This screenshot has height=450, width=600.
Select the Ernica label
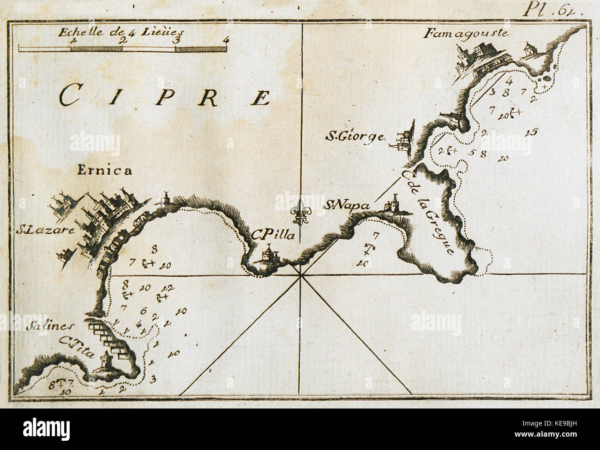(x=104, y=171)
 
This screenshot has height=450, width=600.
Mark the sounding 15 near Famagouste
(x=532, y=132)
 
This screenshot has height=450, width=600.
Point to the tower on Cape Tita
(x=105, y=359)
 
